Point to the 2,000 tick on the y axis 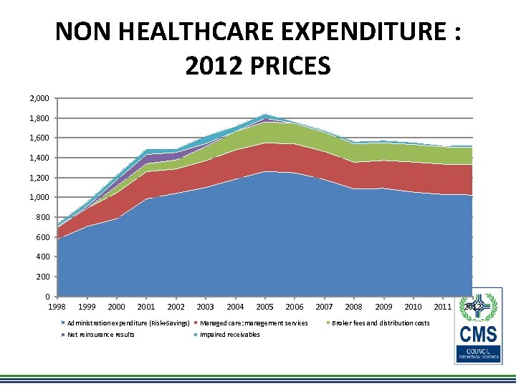pyautogui.click(x=39, y=98)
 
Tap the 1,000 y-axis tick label pyautogui.click(x=39, y=197)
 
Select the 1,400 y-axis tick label pyautogui.click(x=39, y=158)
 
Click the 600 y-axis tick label pyautogui.click(x=44, y=237)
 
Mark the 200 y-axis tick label pyautogui.click(x=44, y=277)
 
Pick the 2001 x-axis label pyautogui.click(x=146, y=307)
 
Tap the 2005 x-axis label pyautogui.click(x=264, y=307)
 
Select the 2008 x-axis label pyautogui.click(x=354, y=307)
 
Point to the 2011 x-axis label pyautogui.click(x=443, y=307)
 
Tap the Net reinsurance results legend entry pyautogui.click(x=101, y=335)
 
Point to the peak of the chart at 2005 pyautogui.click(x=264, y=115)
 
